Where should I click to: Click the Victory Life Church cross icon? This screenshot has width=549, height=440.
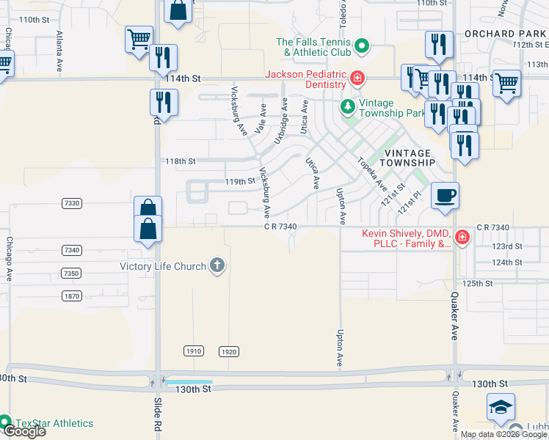point(217,265)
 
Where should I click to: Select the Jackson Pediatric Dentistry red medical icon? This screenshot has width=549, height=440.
point(357,78)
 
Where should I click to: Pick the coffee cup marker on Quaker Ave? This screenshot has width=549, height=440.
point(445,196)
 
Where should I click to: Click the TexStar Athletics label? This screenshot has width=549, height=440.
point(56,423)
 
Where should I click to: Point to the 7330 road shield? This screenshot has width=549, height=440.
point(72,203)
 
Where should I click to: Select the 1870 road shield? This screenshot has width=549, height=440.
point(72,296)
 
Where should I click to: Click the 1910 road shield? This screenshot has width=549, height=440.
point(194,351)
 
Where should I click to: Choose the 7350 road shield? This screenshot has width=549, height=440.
point(72,273)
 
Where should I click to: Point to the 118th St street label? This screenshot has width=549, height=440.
point(181,161)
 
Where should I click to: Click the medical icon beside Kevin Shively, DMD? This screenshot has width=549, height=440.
point(462,237)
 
